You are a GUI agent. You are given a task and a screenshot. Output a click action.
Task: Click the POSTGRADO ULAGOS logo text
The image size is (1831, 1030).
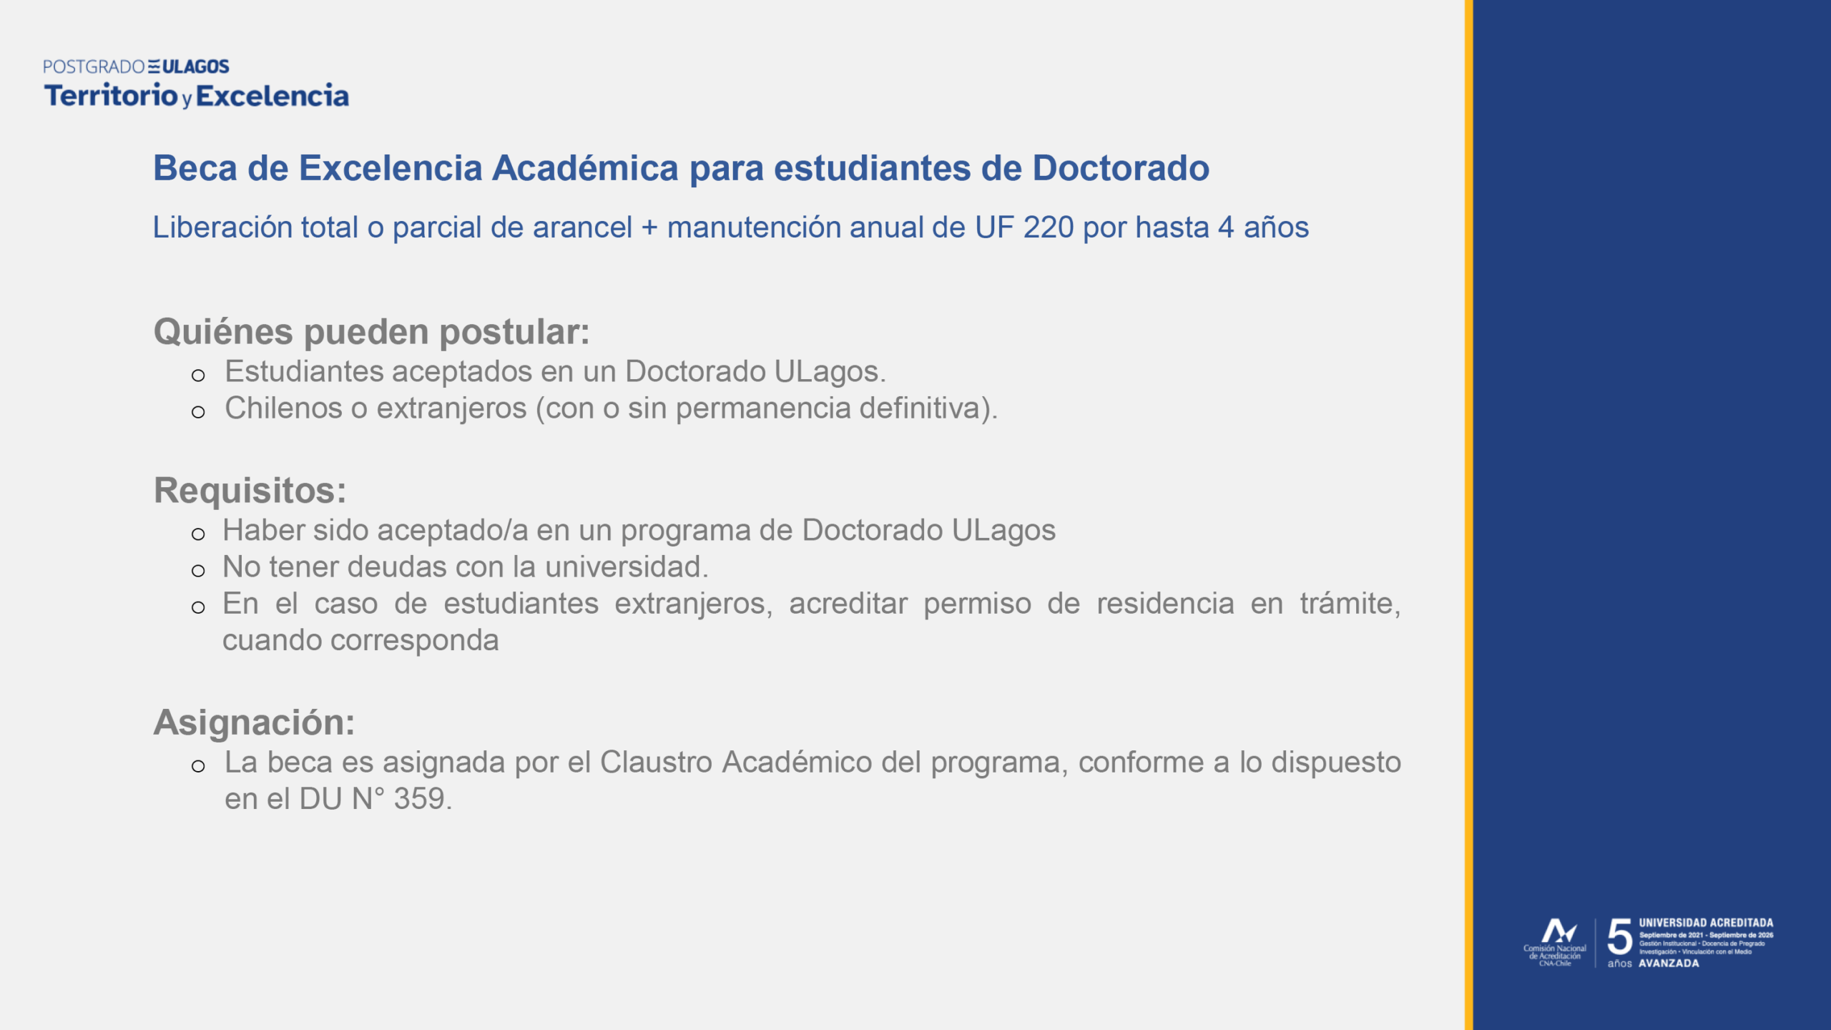(136, 67)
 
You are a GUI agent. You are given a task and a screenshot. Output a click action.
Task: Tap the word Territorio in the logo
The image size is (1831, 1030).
(111, 95)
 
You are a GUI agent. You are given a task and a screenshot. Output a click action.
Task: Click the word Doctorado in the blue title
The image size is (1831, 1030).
(1121, 168)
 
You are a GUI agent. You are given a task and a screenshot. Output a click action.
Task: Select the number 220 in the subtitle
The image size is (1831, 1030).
(1049, 227)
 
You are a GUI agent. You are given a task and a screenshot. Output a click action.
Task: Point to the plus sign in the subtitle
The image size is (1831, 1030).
(649, 228)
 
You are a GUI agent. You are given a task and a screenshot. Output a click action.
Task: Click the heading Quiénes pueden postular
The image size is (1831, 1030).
(372, 332)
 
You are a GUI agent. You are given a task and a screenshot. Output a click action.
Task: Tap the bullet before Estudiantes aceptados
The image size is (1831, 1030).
(198, 375)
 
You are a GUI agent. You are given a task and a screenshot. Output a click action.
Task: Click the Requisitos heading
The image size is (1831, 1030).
(250, 491)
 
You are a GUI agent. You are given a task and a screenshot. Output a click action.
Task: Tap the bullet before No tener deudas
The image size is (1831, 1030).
(198, 571)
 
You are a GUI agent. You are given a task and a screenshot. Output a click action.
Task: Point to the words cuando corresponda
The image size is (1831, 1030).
(360, 640)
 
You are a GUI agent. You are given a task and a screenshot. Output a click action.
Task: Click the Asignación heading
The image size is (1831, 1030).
(254, 722)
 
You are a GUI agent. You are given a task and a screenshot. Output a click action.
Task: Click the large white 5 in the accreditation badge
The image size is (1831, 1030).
(1620, 937)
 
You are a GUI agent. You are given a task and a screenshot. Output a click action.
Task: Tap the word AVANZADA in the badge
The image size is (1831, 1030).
(1669, 963)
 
